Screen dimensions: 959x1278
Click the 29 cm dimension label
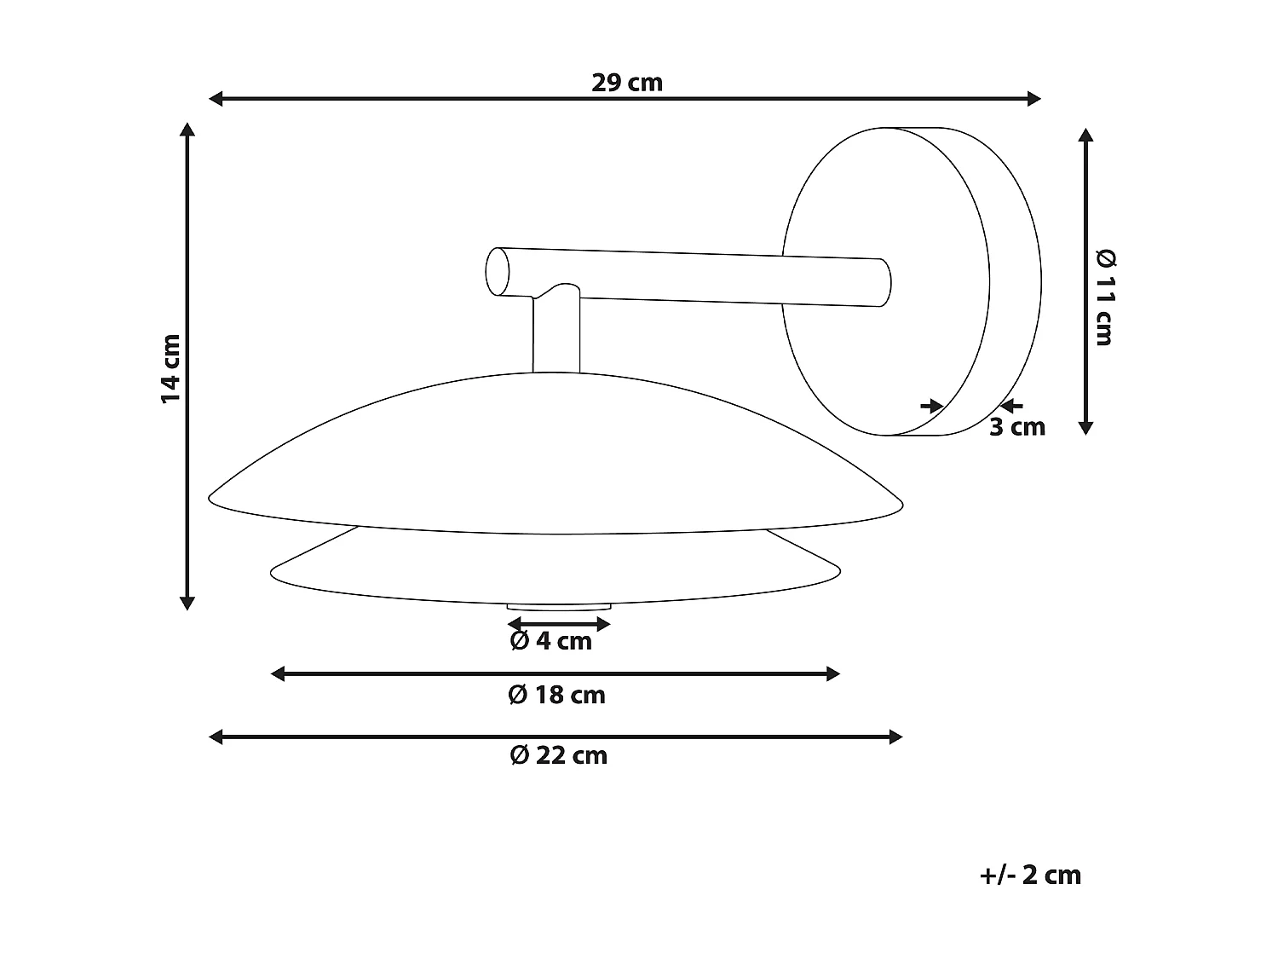626,83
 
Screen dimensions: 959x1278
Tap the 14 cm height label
171,368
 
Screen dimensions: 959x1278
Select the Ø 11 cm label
1104,298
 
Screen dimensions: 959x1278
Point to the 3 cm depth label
1016,427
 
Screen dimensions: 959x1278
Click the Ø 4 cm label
550,641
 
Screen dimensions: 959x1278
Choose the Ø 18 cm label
556,696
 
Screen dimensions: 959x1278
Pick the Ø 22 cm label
558,756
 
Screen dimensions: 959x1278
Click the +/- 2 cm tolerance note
1030,875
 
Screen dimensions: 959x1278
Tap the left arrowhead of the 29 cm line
216,99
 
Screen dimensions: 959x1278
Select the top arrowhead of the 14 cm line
188,130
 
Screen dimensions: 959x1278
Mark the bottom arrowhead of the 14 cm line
188,604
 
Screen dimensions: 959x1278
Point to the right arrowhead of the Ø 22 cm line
895,737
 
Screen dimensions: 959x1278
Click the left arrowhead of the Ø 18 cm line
278,674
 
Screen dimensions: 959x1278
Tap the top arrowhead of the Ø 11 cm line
1085,136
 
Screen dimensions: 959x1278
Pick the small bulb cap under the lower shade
559,607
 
